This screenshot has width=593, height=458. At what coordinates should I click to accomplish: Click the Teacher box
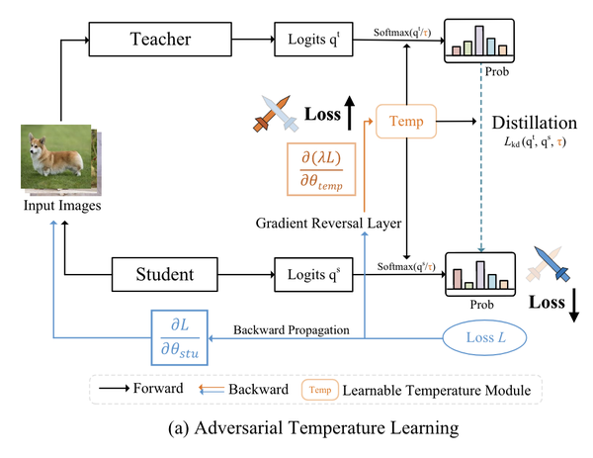coord(159,42)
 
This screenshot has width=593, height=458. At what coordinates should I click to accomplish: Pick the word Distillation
coord(535,124)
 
